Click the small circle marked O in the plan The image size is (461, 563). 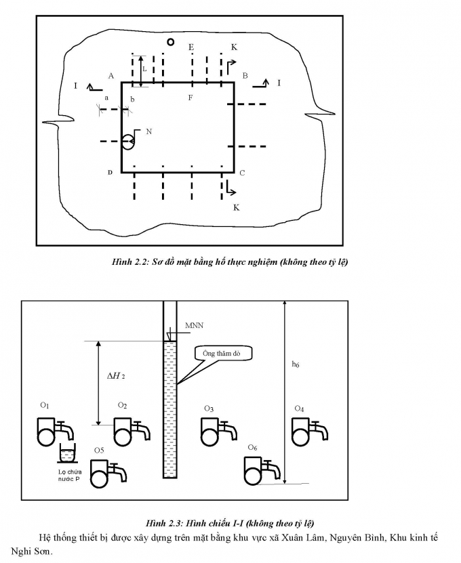[171, 42]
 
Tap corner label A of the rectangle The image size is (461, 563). [111, 76]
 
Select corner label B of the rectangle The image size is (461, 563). [245, 76]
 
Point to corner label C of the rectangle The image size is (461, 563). [242, 173]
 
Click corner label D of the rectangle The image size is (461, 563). [110, 173]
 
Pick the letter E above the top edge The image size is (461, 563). [191, 47]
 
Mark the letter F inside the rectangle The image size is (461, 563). [191, 98]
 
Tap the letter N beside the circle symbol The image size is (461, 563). [148, 132]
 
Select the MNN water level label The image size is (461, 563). [194, 326]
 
